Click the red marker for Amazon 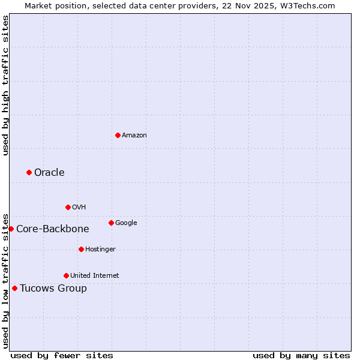pos(118,135)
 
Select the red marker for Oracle pos(29,172)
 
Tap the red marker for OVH pos(68,207)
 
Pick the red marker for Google pos(111,223)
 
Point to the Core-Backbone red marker pos(11,229)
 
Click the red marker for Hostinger pos(81,249)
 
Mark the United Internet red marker pos(66,275)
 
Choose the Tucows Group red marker pos(14,288)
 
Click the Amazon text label pos(134,135)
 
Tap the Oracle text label pos(49,173)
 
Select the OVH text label pos(79,208)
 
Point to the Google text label pos(126,223)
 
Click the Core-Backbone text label pos(53,229)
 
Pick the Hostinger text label pos(100,249)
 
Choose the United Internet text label pos(95,275)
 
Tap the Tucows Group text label pos(53,289)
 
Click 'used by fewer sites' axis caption pos(62,355)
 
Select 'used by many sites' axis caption pos(301,355)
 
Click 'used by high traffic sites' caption pos(5,85)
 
